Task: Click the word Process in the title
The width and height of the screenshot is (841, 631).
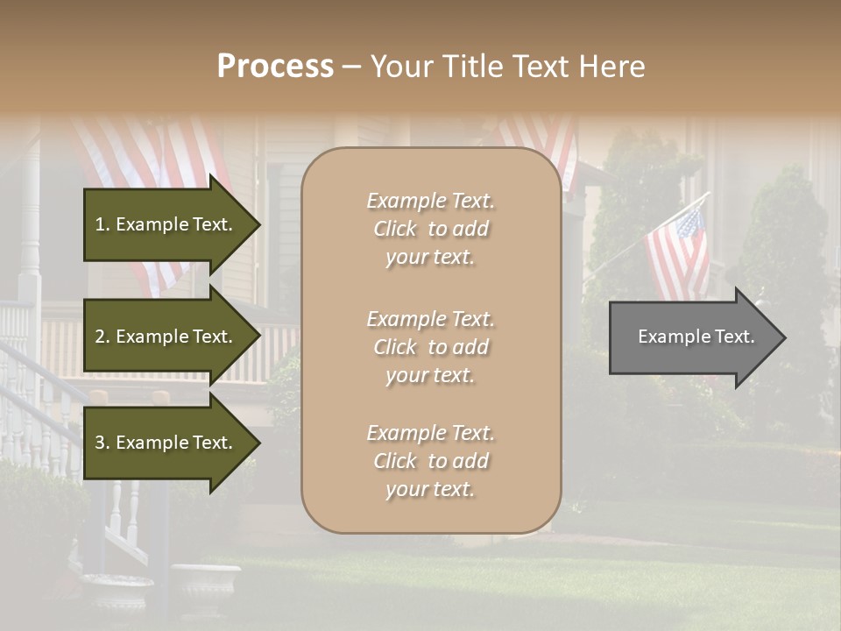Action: (275, 67)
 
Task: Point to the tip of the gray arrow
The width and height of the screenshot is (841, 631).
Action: (784, 337)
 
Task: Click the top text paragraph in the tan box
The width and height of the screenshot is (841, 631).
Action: (431, 229)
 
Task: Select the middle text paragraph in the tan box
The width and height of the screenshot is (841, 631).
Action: (431, 347)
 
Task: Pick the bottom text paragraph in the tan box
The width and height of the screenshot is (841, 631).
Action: (431, 461)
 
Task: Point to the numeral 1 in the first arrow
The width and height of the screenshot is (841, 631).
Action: (100, 224)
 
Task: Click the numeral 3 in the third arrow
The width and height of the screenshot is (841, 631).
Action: (100, 443)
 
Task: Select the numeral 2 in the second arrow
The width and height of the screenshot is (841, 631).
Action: (100, 337)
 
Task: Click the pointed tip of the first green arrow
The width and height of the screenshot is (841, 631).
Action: (259, 224)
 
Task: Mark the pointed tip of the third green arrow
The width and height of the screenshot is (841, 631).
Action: (259, 443)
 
